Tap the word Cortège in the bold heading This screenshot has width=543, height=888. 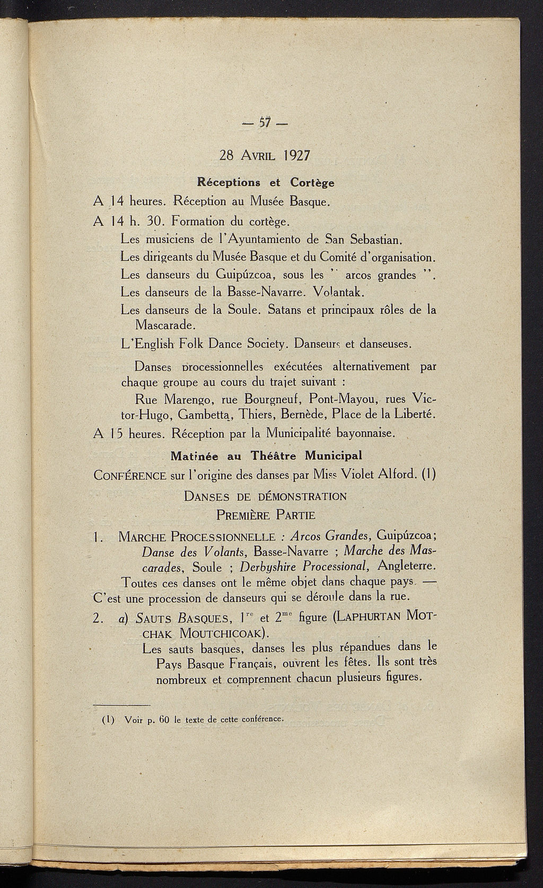(x=312, y=183)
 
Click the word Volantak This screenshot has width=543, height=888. (x=337, y=292)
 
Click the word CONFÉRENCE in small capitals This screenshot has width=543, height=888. (x=130, y=475)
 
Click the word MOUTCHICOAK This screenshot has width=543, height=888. (x=224, y=634)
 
